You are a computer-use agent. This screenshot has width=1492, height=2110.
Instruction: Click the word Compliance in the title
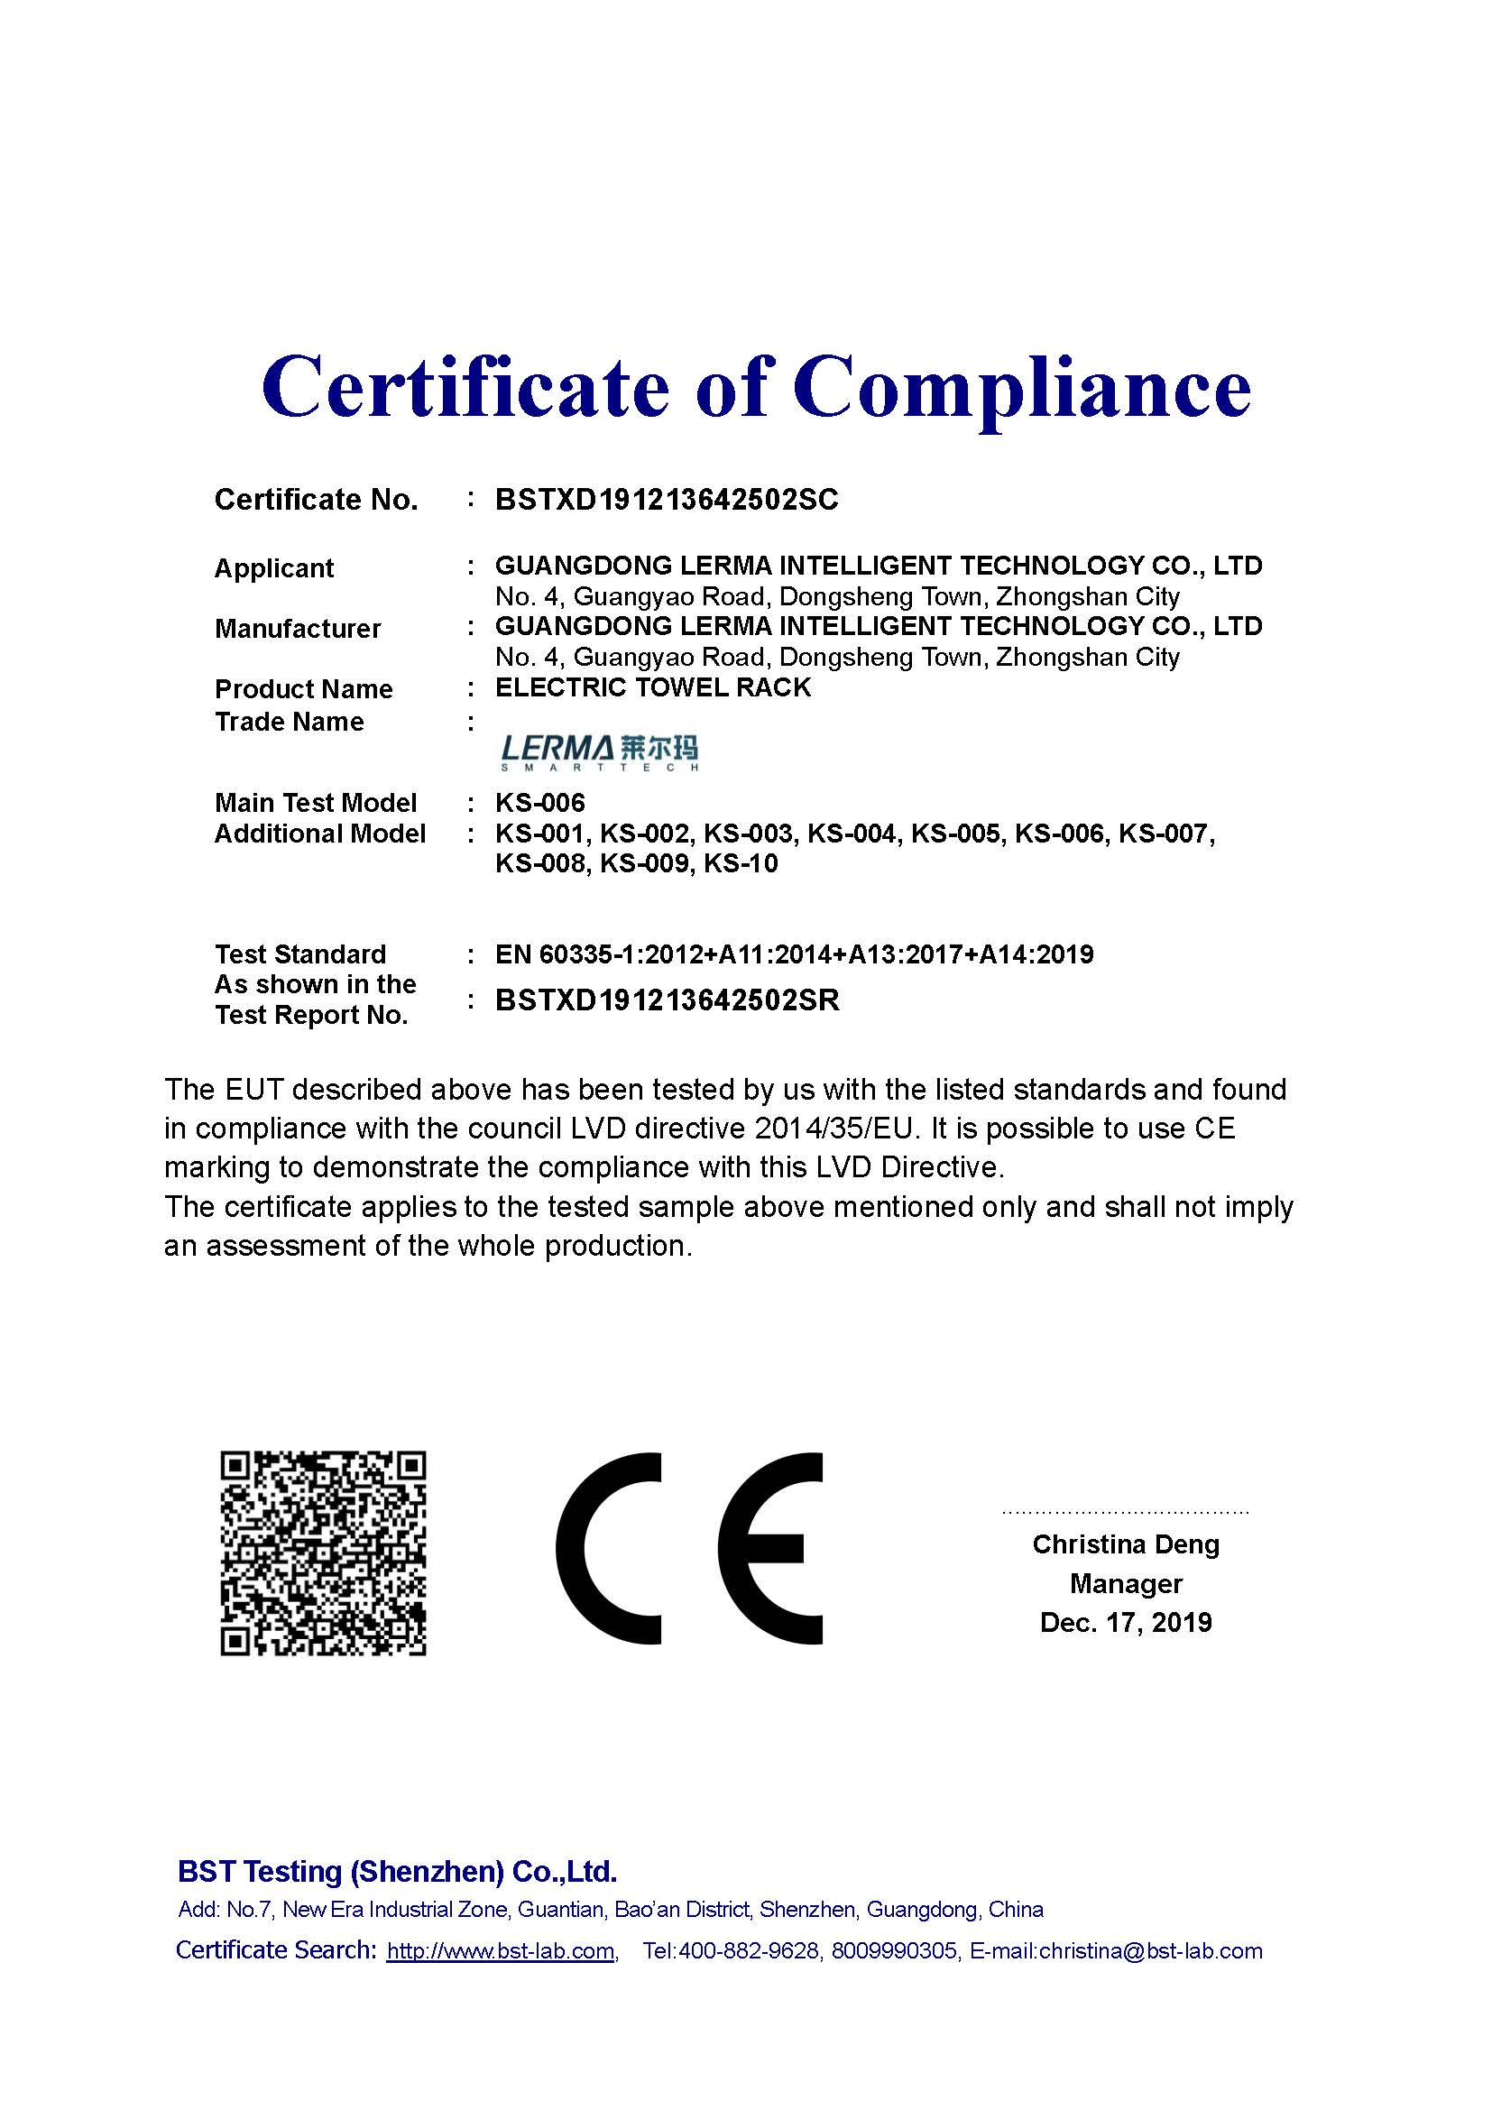pyautogui.click(x=1022, y=388)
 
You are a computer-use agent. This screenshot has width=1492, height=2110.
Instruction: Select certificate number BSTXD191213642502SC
pyautogui.click(x=666, y=500)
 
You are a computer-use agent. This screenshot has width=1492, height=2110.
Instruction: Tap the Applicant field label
pyautogui.click(x=274, y=568)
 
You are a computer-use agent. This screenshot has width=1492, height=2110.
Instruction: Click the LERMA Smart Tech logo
pyautogui.click(x=599, y=751)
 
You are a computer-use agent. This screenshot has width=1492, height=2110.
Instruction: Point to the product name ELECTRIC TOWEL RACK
pyautogui.click(x=652, y=687)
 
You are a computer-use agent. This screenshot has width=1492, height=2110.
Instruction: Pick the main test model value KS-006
pyautogui.click(x=539, y=803)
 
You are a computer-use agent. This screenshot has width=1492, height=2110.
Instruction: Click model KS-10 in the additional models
pyautogui.click(x=741, y=864)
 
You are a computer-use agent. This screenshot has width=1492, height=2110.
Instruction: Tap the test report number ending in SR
pyautogui.click(x=667, y=1000)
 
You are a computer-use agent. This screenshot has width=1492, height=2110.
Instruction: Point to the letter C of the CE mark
pyautogui.click(x=606, y=1549)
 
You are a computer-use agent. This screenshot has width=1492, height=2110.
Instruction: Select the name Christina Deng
pyautogui.click(x=1126, y=1543)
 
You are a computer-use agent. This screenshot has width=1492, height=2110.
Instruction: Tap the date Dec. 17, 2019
pyautogui.click(x=1126, y=1623)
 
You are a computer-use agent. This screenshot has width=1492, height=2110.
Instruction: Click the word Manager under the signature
pyautogui.click(x=1126, y=1583)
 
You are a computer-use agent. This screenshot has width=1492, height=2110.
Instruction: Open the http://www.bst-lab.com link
pyautogui.click(x=501, y=1950)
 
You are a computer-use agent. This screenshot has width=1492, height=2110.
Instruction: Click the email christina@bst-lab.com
pyautogui.click(x=1150, y=1950)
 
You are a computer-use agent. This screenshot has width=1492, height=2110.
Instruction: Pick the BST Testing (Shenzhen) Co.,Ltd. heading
pyautogui.click(x=397, y=1871)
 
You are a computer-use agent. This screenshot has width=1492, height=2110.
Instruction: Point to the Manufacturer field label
pyautogui.click(x=298, y=629)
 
